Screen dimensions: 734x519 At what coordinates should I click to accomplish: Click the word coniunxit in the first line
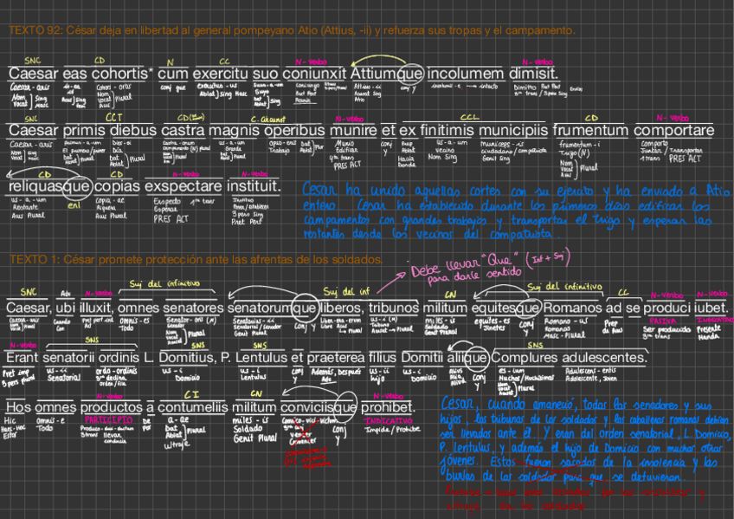(315, 75)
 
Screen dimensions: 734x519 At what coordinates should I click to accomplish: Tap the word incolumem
(466, 75)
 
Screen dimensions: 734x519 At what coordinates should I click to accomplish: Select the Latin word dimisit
(532, 75)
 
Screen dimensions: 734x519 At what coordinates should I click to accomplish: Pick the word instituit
(254, 186)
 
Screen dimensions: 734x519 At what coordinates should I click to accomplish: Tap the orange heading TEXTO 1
(32, 260)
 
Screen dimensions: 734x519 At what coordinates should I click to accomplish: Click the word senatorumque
(271, 308)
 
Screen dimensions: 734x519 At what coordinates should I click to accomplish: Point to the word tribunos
(394, 308)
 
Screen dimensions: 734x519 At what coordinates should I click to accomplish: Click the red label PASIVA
(663, 321)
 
